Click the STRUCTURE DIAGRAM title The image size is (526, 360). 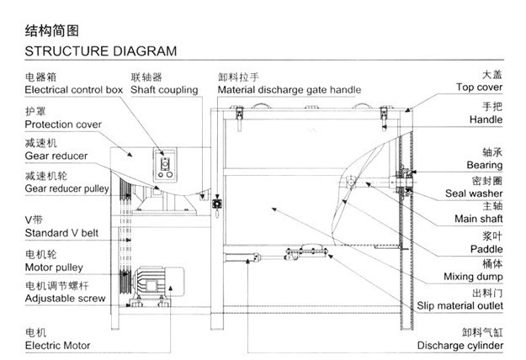[101, 51]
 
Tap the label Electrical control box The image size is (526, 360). [74, 90]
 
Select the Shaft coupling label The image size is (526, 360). [164, 90]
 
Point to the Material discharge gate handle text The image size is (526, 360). [290, 90]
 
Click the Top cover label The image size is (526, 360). [479, 87]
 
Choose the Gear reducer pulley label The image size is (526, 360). [67, 188]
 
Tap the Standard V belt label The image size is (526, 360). [61, 233]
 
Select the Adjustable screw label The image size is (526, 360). [65, 299]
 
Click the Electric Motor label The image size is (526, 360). [58, 346]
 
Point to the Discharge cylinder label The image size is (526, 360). [460, 346]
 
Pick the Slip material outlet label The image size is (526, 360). [460, 305]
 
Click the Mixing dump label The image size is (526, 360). [473, 277]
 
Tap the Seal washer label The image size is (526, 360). [474, 193]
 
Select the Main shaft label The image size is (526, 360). [478, 219]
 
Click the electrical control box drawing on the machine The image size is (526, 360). [165, 165]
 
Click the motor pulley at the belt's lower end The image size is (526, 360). [125, 282]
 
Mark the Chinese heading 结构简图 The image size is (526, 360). [51, 30]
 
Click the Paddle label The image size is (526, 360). [486, 249]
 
